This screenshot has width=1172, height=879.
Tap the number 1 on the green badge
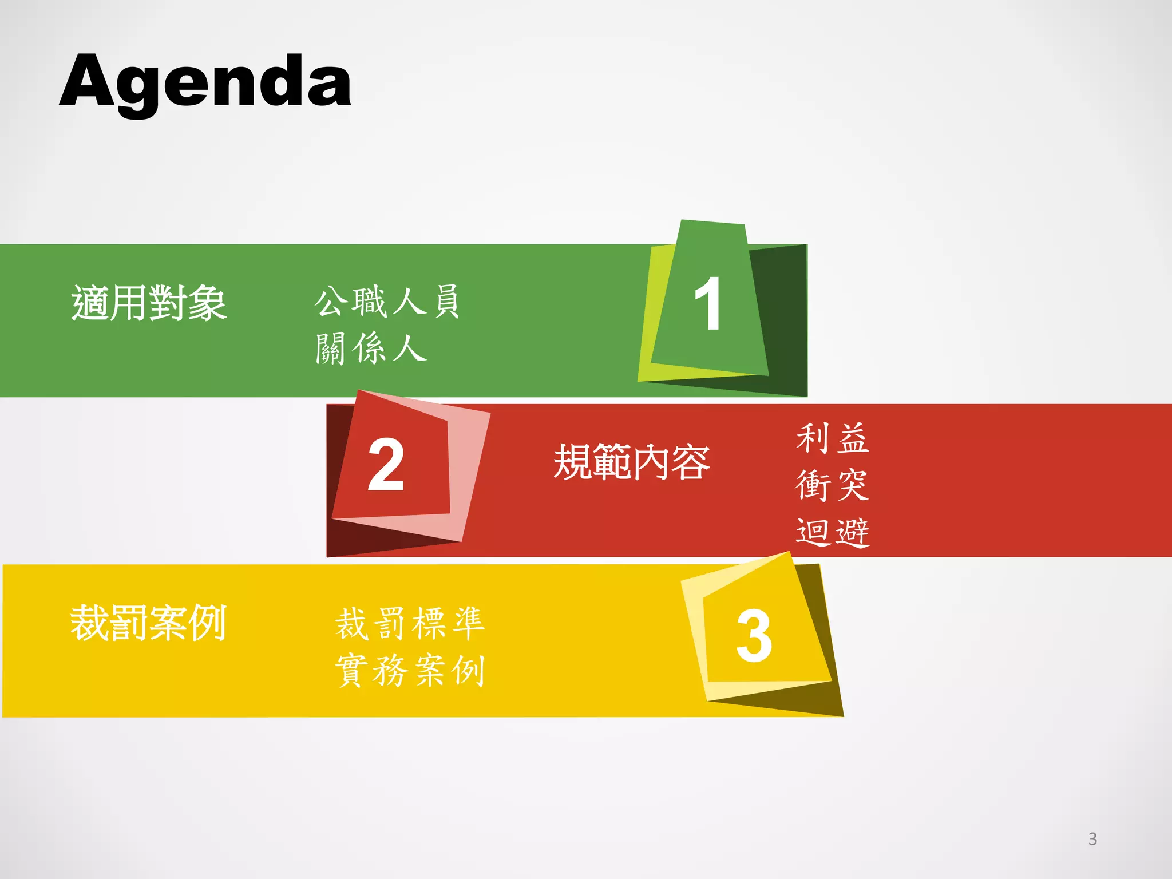coord(707,303)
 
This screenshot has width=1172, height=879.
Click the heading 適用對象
coord(149,303)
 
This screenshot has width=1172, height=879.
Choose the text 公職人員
coord(387,301)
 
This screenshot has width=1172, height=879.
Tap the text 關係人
coord(371,348)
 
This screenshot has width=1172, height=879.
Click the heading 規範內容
coord(632,462)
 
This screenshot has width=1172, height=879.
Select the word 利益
coord(833,439)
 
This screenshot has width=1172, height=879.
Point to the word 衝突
coord(833,485)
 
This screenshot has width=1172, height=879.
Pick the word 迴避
coord(833,532)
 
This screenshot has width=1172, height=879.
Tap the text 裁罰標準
coord(410,624)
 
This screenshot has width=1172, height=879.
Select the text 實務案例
coord(410,670)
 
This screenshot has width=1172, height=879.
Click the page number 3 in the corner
coord(1092,839)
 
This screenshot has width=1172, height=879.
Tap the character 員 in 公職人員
coord(446,301)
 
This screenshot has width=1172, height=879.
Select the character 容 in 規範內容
coord(691,462)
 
